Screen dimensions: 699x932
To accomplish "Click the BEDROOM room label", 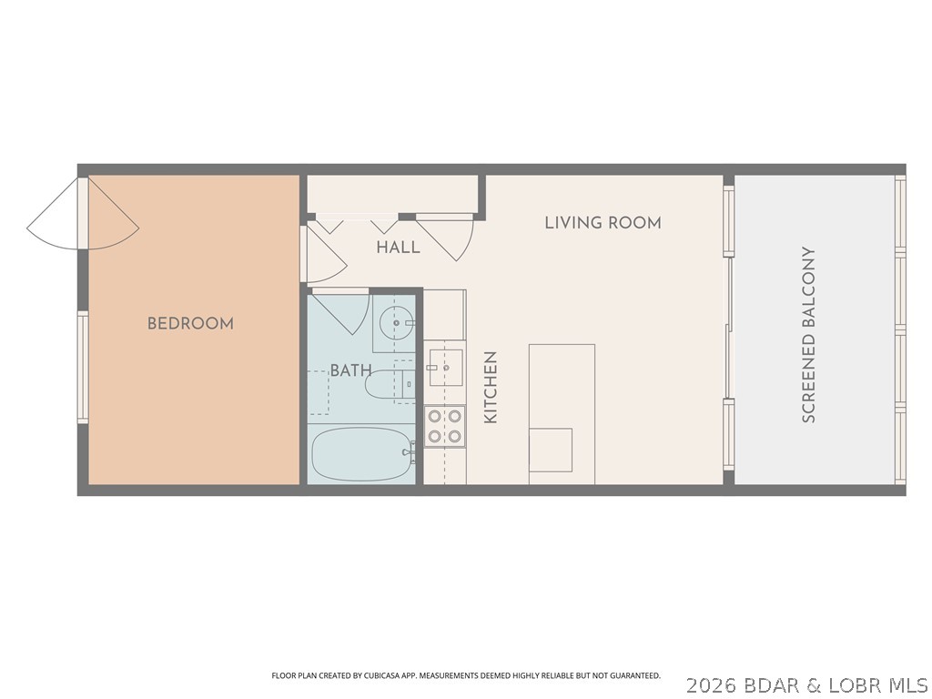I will point(190,323).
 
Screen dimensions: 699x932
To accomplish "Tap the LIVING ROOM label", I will point(603,222).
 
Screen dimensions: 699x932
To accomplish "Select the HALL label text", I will point(398,247).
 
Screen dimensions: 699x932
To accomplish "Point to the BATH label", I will point(350,370).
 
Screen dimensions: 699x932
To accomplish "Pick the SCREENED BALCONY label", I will point(808,335).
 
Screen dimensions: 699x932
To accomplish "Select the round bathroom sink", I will point(395,320).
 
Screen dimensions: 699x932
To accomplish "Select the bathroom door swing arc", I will point(344,310).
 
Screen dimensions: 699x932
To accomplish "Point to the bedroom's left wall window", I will point(82,367).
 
